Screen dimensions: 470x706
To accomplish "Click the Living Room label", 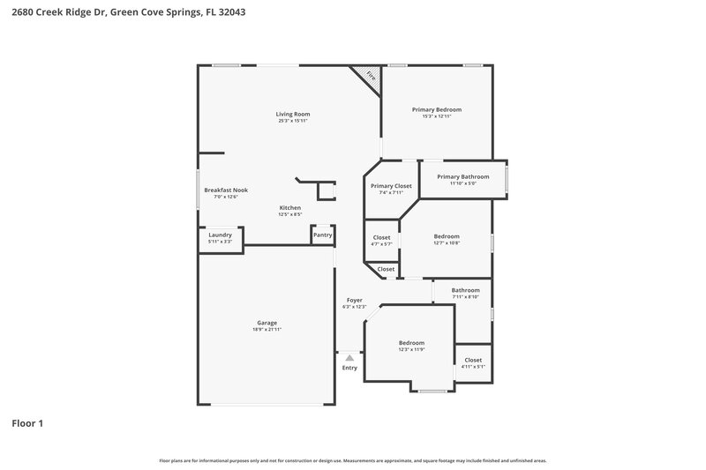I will (293, 114).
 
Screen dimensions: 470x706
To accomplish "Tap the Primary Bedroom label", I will (437, 109).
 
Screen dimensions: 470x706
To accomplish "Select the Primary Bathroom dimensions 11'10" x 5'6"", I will (462, 183).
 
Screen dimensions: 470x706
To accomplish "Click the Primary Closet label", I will (391, 186).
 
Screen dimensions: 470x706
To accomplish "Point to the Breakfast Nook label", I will (226, 190).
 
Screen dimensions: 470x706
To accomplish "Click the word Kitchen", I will (290, 207).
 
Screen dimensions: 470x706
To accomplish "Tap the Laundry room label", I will (220, 235).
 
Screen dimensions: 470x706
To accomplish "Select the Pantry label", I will (322, 235).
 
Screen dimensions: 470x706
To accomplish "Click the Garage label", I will (267, 323).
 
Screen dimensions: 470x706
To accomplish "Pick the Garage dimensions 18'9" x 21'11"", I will (267, 330).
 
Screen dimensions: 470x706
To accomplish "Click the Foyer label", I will (354, 300).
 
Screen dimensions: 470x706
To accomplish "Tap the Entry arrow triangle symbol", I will (349, 358).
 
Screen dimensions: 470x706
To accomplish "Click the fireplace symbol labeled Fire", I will (371, 76).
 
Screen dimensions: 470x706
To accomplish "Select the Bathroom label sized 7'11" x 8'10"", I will (465, 290).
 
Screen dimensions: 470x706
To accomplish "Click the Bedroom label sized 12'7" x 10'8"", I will (447, 236).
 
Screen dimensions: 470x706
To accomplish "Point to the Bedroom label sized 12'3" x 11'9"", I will (411, 342).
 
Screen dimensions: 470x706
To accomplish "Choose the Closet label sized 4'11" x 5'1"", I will (473, 360).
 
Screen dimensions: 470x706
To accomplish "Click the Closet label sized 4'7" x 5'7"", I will (381, 237).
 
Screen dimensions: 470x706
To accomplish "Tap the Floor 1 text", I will (27, 423).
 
